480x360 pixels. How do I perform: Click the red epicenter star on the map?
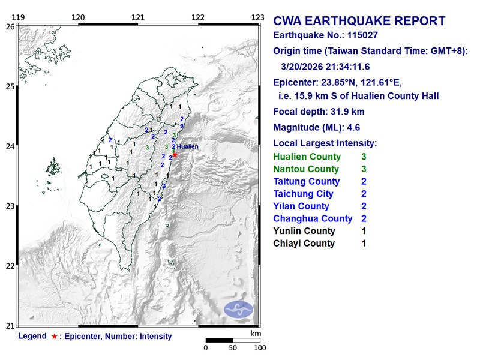tap(175, 154)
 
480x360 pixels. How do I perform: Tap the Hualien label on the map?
tap(187, 146)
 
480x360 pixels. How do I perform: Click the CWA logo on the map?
tap(239, 310)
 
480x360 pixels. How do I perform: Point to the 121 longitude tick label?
tap(138, 17)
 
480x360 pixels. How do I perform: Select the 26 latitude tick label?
tap(10, 26)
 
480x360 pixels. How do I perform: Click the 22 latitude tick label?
tap(10, 266)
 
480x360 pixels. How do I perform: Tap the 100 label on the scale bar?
tap(259, 348)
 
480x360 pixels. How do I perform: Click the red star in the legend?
tap(54, 337)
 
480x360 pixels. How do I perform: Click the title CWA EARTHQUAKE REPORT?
tap(359, 21)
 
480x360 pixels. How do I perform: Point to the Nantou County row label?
tap(306, 169)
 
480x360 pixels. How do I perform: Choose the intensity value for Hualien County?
tap(364, 157)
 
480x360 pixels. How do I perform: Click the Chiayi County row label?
tap(304, 244)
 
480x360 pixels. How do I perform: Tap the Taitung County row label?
tap(306, 181)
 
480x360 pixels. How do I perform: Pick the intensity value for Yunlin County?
tap(364, 231)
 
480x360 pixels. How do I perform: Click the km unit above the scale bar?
tap(256, 333)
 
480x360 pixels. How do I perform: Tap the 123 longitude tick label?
tap(258, 17)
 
